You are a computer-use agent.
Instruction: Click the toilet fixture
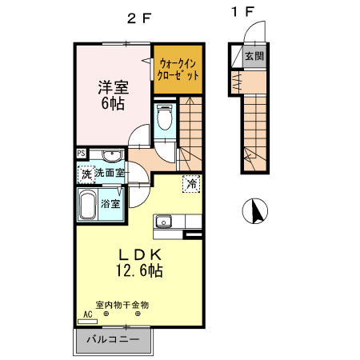165,119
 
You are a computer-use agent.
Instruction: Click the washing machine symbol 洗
85,172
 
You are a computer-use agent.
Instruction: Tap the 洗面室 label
109,172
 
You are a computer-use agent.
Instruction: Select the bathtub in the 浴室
87,204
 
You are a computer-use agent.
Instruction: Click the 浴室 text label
110,204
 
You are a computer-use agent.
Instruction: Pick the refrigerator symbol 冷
191,183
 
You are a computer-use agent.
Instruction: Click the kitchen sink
165,222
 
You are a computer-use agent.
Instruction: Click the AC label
88,314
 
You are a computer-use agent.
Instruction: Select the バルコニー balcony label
112,339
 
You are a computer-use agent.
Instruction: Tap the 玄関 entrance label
254,56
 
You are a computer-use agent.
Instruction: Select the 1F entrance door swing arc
249,32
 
